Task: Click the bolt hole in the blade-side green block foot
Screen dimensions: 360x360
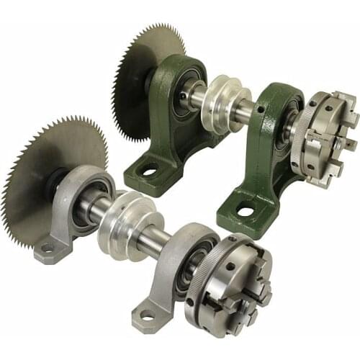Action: (150, 172)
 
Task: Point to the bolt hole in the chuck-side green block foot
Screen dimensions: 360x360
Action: (246, 212)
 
